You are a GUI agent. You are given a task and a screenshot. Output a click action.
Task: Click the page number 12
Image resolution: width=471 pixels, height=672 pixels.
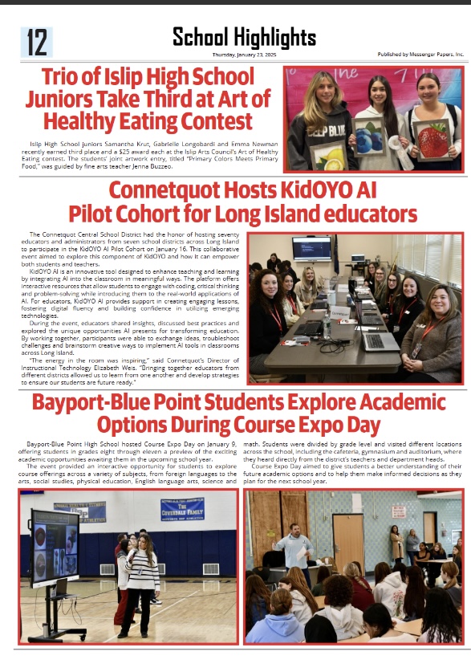pos(36,43)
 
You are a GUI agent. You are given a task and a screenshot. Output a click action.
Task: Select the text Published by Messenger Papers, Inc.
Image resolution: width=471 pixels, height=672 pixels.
pos(420,55)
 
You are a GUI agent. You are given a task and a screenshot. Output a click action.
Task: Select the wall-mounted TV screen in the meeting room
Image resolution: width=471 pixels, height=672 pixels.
pos(311,248)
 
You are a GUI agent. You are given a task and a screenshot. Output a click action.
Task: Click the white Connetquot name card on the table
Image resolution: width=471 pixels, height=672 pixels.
pos(340,312)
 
